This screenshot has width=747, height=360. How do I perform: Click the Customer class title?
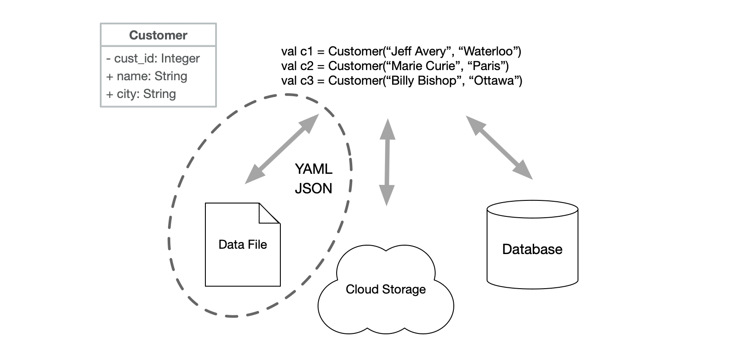click(158, 35)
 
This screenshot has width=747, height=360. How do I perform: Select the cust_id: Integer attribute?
click(153, 59)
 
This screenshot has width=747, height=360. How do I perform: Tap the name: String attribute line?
click(147, 76)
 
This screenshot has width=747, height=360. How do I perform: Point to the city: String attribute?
click(141, 94)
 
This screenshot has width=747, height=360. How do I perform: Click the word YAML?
click(313, 169)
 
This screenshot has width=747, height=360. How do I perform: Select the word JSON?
click(313, 188)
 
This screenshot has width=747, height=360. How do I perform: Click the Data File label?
click(243, 245)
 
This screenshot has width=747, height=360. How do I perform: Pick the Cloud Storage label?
click(385, 290)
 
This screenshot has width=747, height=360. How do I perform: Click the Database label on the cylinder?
click(532, 249)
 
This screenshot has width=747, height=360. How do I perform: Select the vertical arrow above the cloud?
click(387, 162)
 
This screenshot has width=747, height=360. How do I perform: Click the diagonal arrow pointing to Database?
click(499, 147)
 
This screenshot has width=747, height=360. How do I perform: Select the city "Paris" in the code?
click(488, 66)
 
